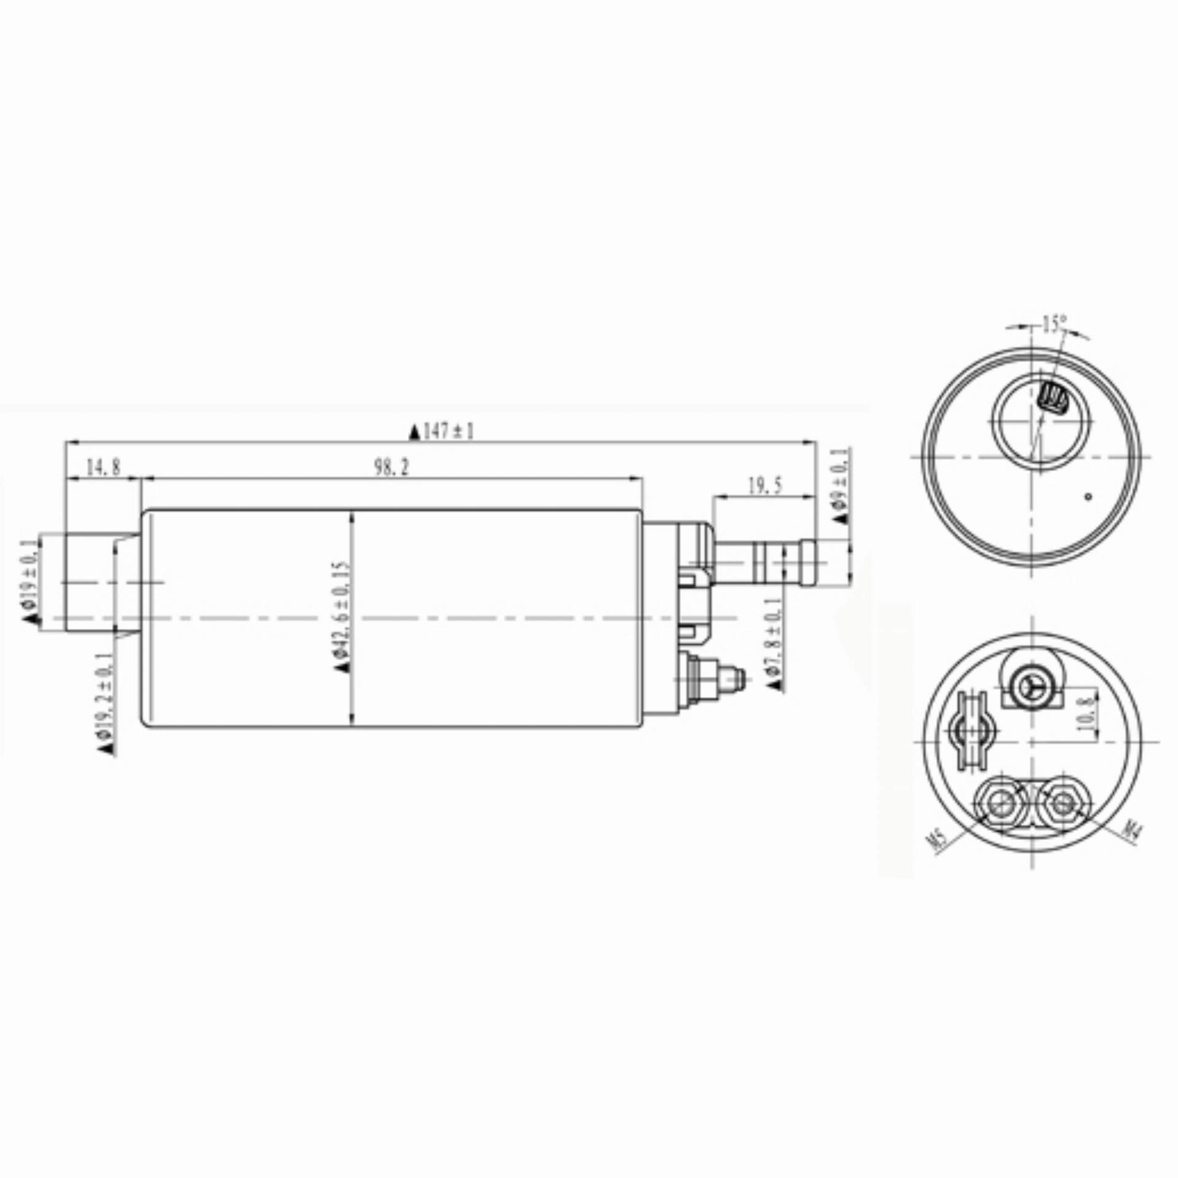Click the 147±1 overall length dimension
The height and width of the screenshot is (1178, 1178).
pos(442,432)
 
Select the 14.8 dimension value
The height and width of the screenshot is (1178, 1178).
pos(103,468)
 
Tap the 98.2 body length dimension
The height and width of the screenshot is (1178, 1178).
pos(391,468)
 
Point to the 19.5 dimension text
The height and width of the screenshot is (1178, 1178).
pos(765,487)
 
